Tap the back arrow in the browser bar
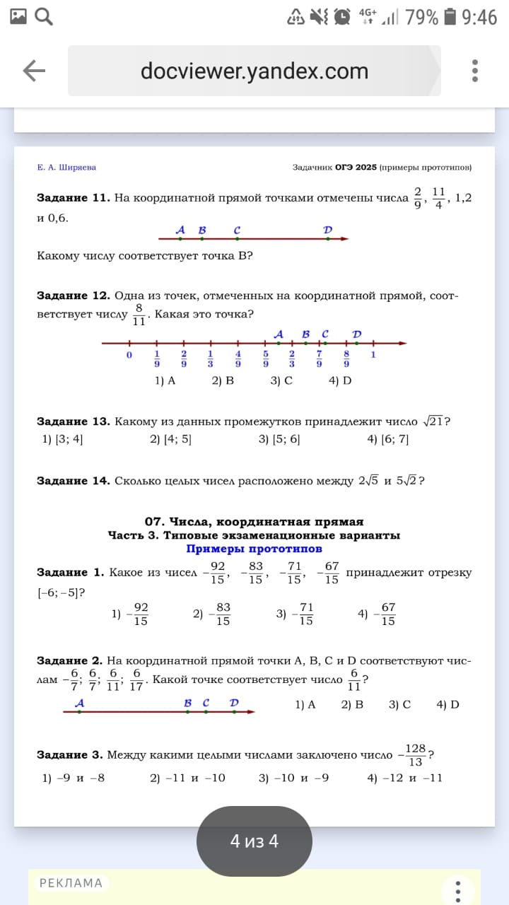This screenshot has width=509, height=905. pyautogui.click(x=34, y=71)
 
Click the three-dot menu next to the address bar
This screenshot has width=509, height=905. pyautogui.click(x=475, y=71)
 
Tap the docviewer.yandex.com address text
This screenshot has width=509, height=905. pyautogui.click(x=255, y=71)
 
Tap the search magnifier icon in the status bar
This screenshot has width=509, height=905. pyautogui.click(x=44, y=16)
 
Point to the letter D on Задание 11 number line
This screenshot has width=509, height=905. pyautogui.click(x=327, y=230)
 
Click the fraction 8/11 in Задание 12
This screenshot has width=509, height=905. pyautogui.click(x=139, y=315)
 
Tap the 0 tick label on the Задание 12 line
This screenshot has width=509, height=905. pyautogui.click(x=129, y=355)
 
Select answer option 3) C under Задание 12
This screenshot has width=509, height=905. pyautogui.click(x=281, y=380)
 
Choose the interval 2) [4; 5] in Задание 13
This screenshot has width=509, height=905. pyautogui.click(x=170, y=439)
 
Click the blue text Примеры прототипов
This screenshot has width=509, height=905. pyautogui.click(x=254, y=549)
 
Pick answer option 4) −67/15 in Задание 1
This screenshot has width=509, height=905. pyautogui.click(x=378, y=614)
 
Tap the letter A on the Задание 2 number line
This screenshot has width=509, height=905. pyautogui.click(x=79, y=703)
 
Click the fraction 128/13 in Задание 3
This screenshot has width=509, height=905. pyautogui.click(x=416, y=754)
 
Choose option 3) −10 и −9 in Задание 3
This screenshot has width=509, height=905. pyautogui.click(x=293, y=778)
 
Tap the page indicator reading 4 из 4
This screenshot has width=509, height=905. pyautogui.click(x=255, y=841)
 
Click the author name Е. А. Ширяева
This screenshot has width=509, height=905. pyautogui.click(x=66, y=168)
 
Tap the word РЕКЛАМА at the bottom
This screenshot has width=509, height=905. pyautogui.click(x=71, y=883)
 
